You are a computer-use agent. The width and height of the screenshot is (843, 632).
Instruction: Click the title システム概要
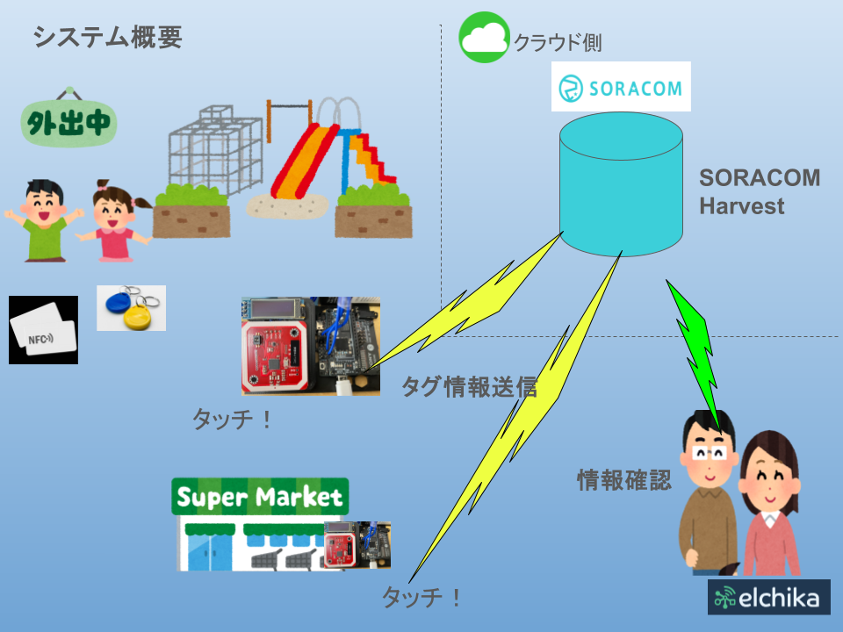pyautogui.click(x=107, y=37)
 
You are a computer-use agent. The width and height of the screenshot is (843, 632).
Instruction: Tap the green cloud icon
pyautogui.click(x=484, y=37)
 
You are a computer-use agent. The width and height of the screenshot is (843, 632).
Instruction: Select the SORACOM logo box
pyautogui.click(x=621, y=86)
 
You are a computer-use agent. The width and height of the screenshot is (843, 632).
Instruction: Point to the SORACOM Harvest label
pyautogui.click(x=759, y=192)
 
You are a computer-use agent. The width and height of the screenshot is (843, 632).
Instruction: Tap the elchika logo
pyautogui.click(x=768, y=597)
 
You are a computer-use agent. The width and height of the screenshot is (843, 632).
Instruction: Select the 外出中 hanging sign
pyautogui.click(x=68, y=124)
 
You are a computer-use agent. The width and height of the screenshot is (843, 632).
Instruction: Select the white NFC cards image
pyautogui.click(x=43, y=330)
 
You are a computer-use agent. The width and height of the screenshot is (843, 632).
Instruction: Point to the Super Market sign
pyautogui.click(x=260, y=498)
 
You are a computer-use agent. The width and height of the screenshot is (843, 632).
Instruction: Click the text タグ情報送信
pyautogui.click(x=469, y=386)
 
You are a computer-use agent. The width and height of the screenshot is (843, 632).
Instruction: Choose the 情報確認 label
pyautogui.click(x=623, y=480)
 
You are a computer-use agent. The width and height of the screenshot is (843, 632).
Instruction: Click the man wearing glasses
pyautogui.click(x=710, y=492)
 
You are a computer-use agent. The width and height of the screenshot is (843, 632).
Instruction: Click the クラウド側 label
pyautogui.click(x=558, y=42)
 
